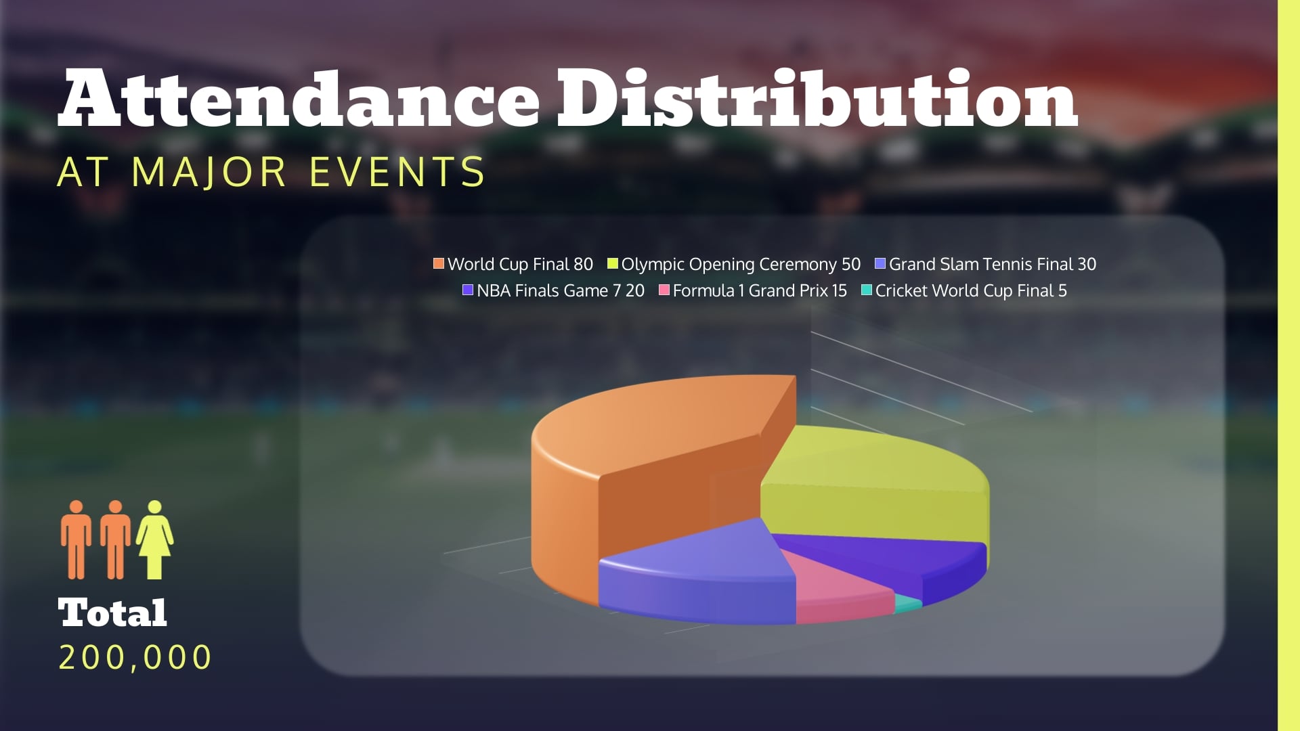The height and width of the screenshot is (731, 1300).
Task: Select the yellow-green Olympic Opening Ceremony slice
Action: (873, 474)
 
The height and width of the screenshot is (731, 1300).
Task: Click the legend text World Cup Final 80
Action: (520, 264)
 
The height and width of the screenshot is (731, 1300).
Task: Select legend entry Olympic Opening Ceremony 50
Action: (741, 264)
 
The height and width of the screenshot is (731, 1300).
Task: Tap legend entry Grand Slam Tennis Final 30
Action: (992, 264)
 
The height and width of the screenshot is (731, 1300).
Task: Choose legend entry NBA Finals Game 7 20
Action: (560, 290)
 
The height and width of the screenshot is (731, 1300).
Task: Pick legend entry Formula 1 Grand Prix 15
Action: (760, 290)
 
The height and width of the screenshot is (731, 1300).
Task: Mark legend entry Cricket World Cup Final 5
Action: (971, 290)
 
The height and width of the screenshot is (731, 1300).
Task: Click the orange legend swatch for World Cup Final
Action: (439, 263)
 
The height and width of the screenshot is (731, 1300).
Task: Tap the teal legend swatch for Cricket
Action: (867, 290)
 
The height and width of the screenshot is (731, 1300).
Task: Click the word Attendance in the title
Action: (298, 100)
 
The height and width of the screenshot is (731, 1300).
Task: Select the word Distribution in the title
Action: (816, 100)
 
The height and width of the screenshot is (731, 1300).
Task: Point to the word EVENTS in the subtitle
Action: (397, 172)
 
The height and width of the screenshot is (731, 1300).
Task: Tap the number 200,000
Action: (135, 657)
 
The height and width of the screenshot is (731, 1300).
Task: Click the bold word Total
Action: (112, 613)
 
